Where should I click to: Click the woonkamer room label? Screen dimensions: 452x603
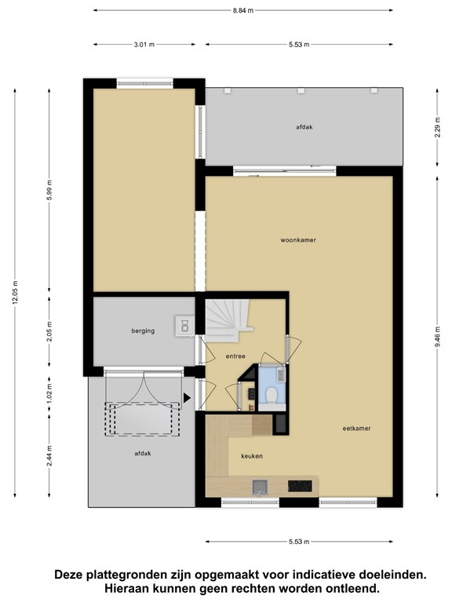click(298, 240)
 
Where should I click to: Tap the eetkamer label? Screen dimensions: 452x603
click(356, 429)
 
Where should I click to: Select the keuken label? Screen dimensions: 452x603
click(252, 456)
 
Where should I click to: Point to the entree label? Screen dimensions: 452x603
click(235, 356)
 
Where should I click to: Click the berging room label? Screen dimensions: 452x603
click(143, 331)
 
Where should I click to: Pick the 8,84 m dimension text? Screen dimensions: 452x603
click(243, 10)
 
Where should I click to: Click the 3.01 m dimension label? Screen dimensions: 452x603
click(144, 45)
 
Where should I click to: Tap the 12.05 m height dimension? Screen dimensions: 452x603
click(15, 292)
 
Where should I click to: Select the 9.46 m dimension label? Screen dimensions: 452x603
click(437, 337)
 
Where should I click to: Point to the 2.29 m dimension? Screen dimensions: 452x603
click(437, 127)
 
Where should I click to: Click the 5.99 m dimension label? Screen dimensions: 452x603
click(49, 190)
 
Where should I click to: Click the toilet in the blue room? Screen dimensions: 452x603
click(272, 396)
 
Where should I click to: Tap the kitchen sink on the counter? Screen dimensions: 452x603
click(261, 487)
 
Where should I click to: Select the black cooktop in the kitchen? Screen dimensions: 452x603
click(300, 486)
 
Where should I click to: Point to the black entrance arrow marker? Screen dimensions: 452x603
click(187, 397)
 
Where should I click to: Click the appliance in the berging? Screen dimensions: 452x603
click(185, 326)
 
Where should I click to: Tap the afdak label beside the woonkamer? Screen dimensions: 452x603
click(304, 127)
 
